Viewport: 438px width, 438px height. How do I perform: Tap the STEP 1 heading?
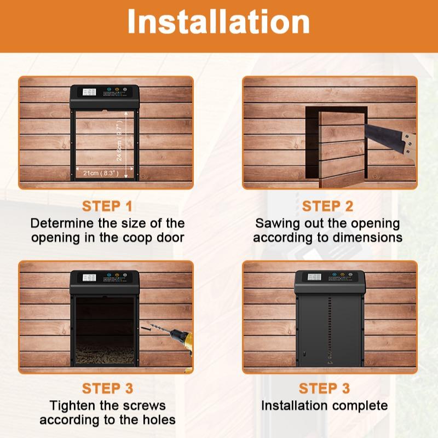click(x=107, y=206)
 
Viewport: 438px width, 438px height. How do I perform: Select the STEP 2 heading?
click(x=328, y=206)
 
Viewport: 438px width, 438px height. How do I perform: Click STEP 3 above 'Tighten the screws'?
click(x=107, y=389)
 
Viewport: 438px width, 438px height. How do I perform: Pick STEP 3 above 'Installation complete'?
click(x=324, y=389)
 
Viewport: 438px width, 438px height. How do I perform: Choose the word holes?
click(x=158, y=420)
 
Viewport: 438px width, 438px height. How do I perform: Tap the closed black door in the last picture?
click(x=328, y=328)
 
